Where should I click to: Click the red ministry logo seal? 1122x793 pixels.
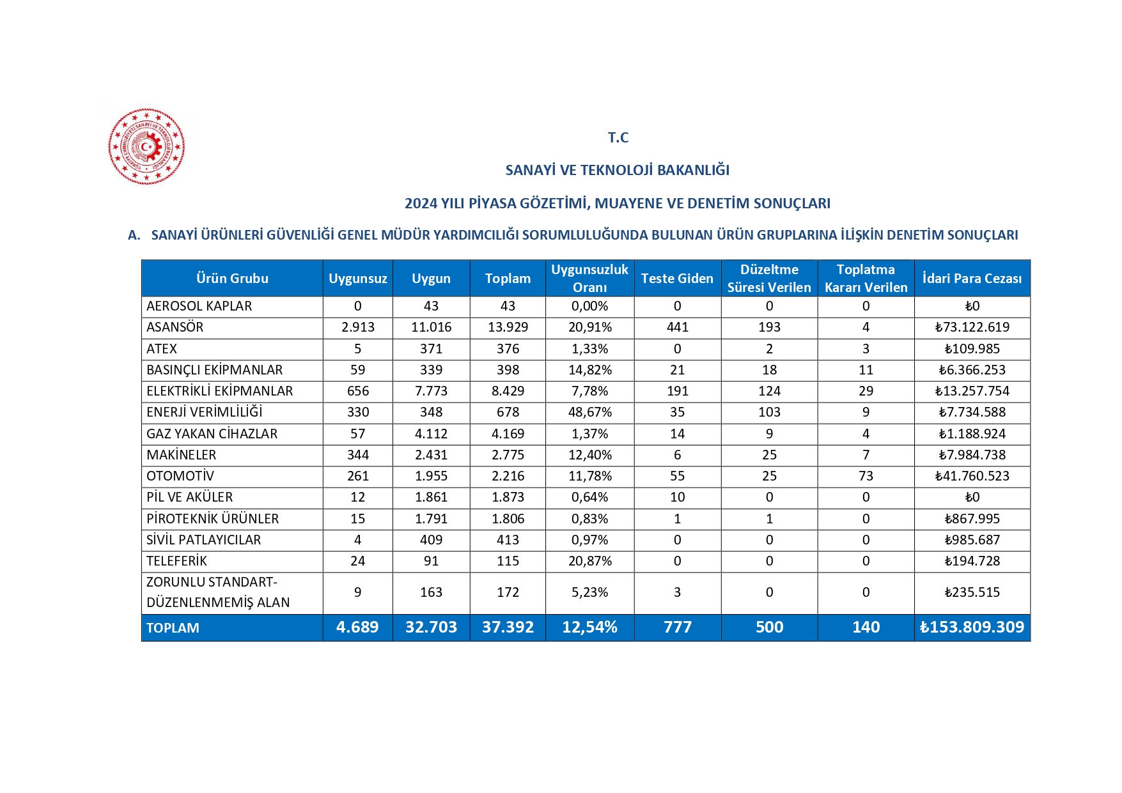(146, 146)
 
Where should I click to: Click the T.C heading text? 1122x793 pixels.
(618, 137)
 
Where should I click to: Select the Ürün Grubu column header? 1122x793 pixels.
(232, 279)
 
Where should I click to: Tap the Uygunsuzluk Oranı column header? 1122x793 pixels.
(589, 279)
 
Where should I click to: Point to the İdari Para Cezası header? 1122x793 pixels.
(972, 279)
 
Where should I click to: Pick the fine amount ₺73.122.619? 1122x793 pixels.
(972, 327)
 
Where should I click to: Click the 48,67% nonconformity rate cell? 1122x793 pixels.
(589, 412)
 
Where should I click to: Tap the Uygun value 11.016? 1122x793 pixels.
(431, 327)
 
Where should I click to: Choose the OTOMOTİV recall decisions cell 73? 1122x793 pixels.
(866, 476)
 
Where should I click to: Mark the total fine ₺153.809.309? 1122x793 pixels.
(972, 627)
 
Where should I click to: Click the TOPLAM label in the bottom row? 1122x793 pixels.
(173, 628)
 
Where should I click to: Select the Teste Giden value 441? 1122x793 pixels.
(677, 327)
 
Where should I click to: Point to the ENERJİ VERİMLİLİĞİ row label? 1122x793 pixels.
(205, 412)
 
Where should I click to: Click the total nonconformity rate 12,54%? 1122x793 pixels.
(589, 627)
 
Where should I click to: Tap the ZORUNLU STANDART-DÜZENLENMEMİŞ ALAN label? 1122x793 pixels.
(218, 592)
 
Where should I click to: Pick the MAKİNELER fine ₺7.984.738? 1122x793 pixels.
(972, 455)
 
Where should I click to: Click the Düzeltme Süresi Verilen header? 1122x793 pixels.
(769, 279)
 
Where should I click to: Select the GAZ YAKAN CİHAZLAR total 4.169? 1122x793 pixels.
(508, 434)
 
